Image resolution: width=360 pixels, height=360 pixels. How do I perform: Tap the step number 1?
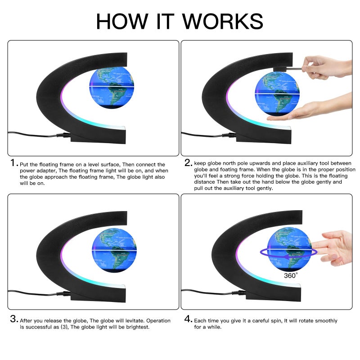pos(13,163)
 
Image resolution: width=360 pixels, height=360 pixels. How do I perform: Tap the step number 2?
pos(188,163)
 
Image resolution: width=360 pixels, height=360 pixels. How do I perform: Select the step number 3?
pos(13,320)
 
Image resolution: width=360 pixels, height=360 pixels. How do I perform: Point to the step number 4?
pos(188,320)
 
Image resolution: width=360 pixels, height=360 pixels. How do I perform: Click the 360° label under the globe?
pos(291,275)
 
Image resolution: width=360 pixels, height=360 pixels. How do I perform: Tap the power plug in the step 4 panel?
pos(237,292)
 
